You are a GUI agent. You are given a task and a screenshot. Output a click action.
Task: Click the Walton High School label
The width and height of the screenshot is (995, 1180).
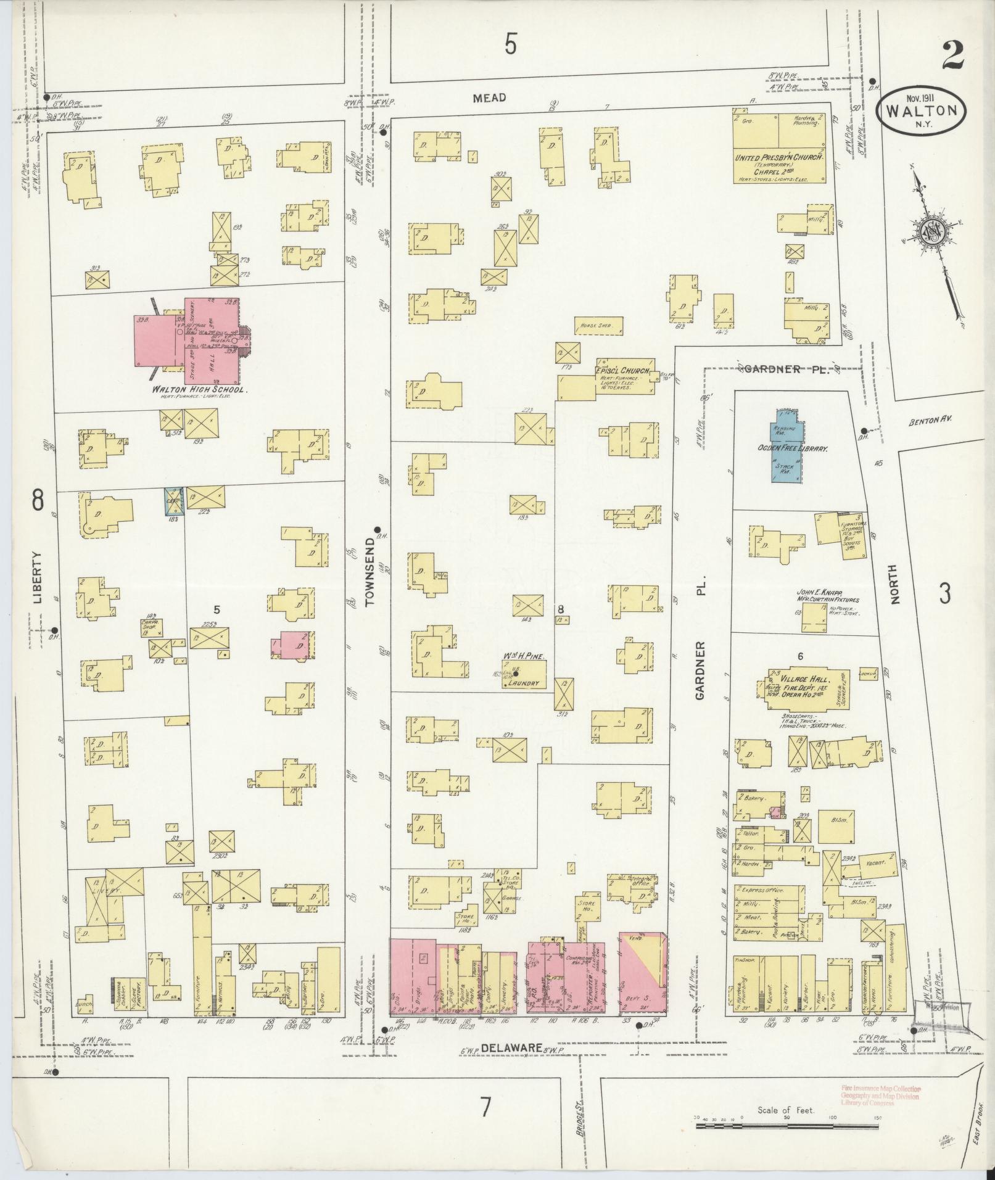(200, 390)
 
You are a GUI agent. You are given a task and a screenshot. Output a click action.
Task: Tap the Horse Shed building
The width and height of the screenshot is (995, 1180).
(598, 324)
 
